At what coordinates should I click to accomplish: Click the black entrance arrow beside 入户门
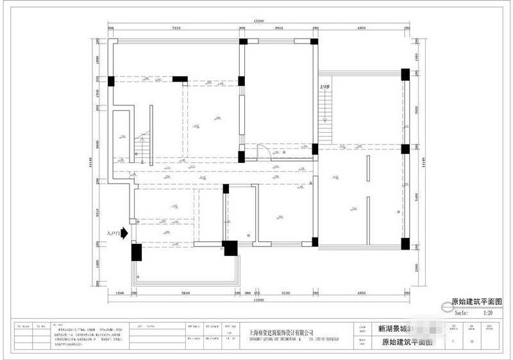pyautogui.click(x=124, y=234)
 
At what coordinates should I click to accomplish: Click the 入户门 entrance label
pyautogui.click(x=113, y=234)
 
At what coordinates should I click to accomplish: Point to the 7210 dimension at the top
pyautogui.click(x=177, y=29)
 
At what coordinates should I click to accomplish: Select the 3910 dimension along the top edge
pyautogui.click(x=279, y=29)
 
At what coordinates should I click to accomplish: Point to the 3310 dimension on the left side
pyautogui.click(x=98, y=212)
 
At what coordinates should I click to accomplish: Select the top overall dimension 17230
pyautogui.click(x=258, y=21)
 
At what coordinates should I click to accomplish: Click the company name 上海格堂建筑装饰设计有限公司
pyautogui.click(x=281, y=333)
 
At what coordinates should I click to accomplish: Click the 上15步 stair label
pyautogui.click(x=324, y=85)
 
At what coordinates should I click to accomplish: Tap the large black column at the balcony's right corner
pyautogui.click(x=230, y=248)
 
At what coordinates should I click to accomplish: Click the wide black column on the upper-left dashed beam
pyautogui.click(x=180, y=80)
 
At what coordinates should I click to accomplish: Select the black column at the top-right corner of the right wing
pyautogui.click(x=405, y=73)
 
